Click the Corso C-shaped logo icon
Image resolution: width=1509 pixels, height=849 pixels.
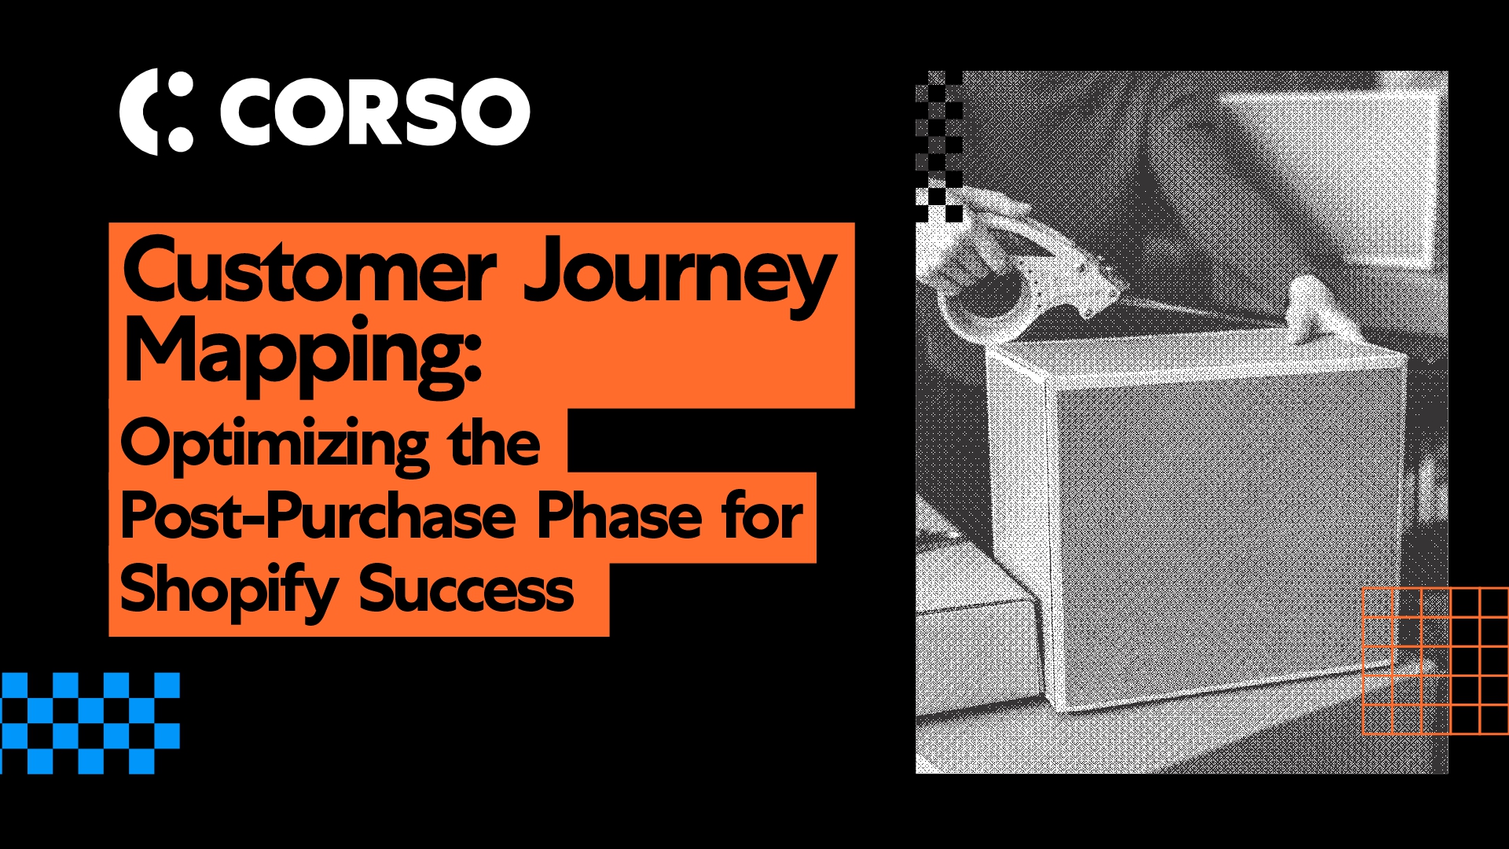click(x=156, y=111)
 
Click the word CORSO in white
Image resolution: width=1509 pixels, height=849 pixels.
click(x=374, y=111)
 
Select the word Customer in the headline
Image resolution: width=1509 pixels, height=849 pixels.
click(x=309, y=272)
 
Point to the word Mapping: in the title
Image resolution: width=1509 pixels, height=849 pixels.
click(x=303, y=354)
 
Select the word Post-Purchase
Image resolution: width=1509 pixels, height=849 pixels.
click(x=318, y=517)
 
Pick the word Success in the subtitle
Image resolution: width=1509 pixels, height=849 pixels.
click(x=467, y=590)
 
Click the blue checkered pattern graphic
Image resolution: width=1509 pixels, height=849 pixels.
click(x=90, y=722)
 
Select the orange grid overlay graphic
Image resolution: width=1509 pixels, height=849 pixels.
click(x=1434, y=661)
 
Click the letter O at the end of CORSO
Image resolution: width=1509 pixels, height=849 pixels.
click(x=496, y=111)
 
